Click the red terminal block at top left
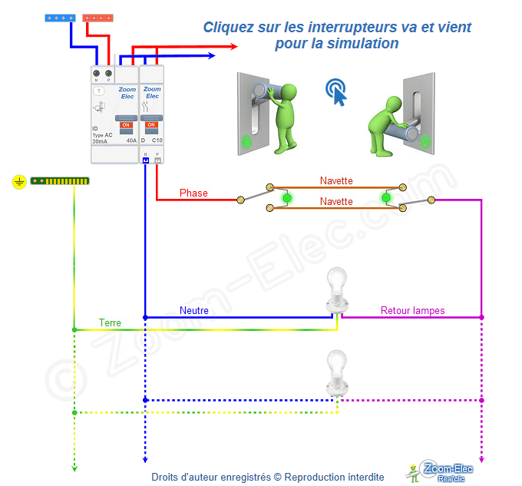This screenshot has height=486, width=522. point(98,17)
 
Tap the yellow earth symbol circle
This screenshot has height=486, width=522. point(19,182)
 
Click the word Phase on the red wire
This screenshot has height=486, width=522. point(193,193)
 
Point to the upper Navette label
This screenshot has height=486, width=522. point(336,180)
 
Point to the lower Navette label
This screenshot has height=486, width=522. point(336,201)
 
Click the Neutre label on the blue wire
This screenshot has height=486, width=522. point(194,310)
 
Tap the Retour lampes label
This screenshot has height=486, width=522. point(412,310)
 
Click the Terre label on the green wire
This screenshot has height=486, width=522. point(110,322)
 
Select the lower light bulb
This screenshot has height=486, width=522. point(335,368)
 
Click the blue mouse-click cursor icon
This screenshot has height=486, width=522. point(335,91)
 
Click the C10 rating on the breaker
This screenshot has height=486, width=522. point(157,141)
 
